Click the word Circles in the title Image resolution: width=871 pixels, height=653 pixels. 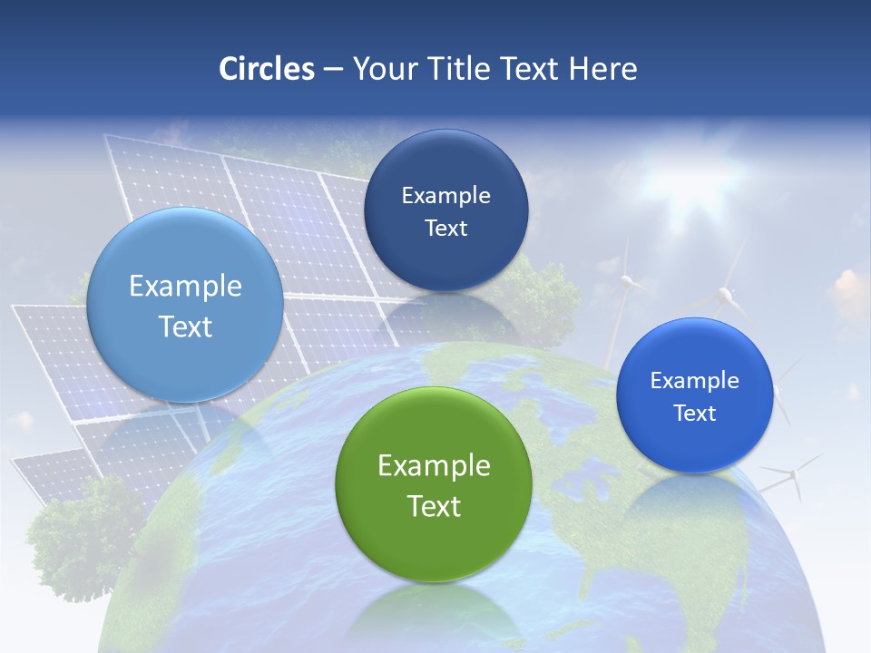coord(266,69)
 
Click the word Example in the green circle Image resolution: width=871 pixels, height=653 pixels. coord(434,465)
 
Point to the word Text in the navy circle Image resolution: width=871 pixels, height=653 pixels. coord(445,229)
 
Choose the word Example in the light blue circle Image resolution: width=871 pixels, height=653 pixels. coord(185,287)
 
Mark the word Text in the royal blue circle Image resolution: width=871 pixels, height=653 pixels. coord(695,414)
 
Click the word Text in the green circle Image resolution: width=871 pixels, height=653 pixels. coord(434,506)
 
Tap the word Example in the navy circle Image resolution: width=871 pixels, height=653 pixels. coord(445,196)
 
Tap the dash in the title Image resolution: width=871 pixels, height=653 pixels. coord(333,70)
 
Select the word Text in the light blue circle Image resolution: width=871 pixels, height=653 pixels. coord(185,326)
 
